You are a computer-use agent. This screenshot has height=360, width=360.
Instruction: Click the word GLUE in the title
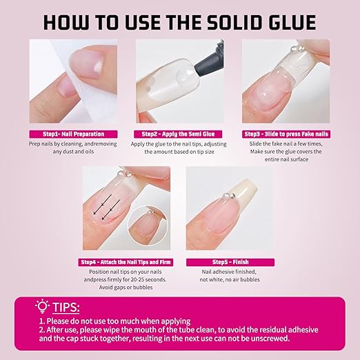292,22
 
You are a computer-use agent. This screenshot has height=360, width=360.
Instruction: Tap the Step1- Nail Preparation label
73,134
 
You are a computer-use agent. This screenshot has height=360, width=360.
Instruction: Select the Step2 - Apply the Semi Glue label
178,134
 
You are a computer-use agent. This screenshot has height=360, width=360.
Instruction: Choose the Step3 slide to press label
286,134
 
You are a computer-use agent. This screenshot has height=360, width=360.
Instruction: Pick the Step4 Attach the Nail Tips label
126,262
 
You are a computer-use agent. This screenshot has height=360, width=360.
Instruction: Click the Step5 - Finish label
230,262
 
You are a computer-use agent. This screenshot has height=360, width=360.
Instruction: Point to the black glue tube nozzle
209,59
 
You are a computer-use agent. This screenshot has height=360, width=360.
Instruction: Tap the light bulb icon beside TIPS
42,306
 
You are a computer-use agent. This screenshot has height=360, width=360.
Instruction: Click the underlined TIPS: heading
66,308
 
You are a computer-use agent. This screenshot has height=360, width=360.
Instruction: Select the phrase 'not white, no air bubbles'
230,279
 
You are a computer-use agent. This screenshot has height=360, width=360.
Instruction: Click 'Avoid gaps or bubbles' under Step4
126,288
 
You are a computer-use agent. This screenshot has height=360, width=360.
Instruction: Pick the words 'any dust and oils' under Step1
73,152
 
